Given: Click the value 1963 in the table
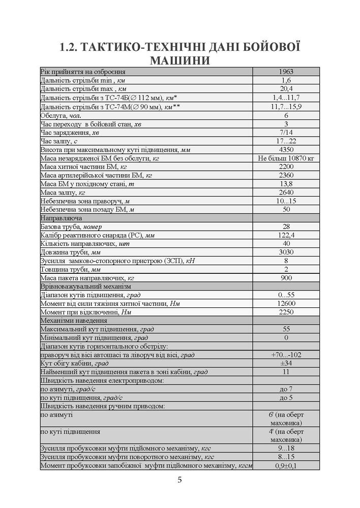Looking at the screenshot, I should click(286, 72).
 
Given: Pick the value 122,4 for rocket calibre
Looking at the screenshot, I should click(286, 235).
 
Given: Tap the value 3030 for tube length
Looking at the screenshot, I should click(286, 252).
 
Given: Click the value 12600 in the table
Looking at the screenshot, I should click(286, 304).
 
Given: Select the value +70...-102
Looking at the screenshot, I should click(286, 355).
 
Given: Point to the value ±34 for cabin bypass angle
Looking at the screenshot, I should click(286, 363).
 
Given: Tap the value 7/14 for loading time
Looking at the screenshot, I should click(286, 132).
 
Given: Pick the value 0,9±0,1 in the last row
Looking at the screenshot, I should click(286, 465).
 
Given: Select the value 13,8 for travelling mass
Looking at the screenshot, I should click(286, 184).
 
